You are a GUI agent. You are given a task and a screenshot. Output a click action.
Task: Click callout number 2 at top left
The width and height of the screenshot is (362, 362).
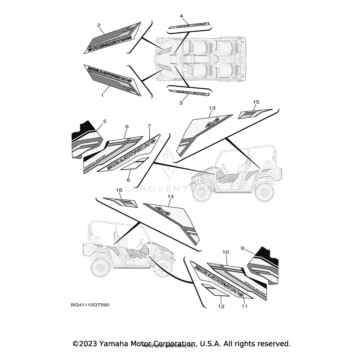tap(99, 25)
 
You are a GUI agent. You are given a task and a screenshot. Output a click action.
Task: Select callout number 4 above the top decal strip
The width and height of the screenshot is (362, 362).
tap(181, 16)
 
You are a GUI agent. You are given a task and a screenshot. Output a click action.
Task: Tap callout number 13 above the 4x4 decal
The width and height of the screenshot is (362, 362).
tap(212, 108)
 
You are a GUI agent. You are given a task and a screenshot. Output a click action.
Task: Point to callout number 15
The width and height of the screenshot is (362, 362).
tap(256, 102)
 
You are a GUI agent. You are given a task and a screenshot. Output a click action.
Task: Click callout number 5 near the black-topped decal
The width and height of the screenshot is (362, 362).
tap(105, 121)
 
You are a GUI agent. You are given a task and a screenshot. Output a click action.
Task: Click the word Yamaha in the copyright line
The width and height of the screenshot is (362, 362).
tap(111, 343)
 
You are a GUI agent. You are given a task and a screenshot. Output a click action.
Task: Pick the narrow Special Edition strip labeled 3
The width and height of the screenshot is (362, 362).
tap(188, 92)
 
